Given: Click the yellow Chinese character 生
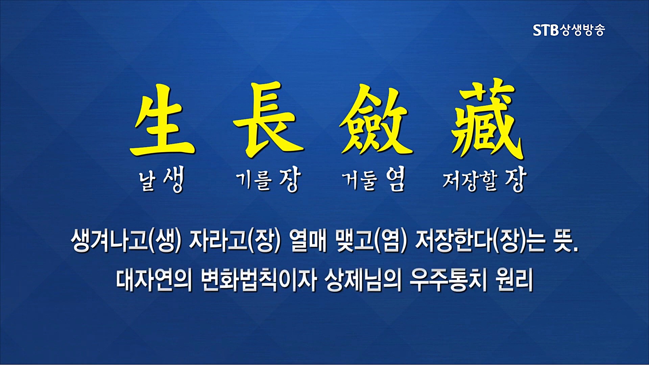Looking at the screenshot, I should coord(162,122).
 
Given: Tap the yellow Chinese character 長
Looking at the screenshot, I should coord(269,120).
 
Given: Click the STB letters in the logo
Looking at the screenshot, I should coord(546,30).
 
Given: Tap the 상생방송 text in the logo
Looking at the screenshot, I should coord(582,30).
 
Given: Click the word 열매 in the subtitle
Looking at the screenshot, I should coord(308,241).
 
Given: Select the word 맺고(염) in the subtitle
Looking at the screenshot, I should coord(371,241).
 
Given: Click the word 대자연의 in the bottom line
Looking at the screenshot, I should coord(154,280).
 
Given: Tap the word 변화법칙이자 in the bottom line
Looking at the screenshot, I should coord(259,280).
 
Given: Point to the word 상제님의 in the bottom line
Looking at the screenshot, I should coord(363,280).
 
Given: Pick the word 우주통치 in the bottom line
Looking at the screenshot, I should coord(448,280).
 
